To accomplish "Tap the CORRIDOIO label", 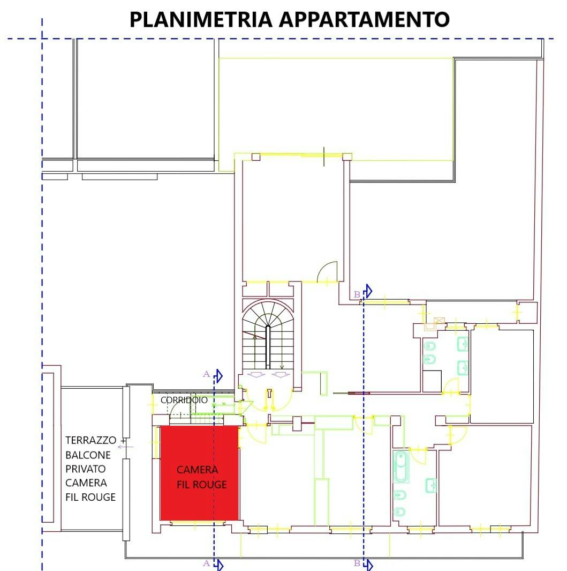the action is click(x=184, y=400).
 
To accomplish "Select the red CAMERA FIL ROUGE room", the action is click(x=199, y=473).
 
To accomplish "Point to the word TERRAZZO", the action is click(x=90, y=440).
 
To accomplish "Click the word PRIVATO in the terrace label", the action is click(x=86, y=469).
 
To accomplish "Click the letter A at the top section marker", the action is click(x=206, y=374).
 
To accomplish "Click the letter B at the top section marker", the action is click(x=357, y=294).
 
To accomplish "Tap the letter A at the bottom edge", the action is click(x=206, y=563).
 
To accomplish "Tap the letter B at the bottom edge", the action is click(x=357, y=563).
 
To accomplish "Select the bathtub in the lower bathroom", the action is click(x=401, y=467).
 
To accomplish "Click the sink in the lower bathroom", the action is click(x=431, y=485).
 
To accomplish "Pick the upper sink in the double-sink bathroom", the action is click(x=463, y=344).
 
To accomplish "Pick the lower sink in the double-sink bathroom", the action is click(x=463, y=368).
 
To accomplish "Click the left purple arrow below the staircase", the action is click(x=256, y=375).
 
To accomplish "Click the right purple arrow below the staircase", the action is click(x=281, y=375).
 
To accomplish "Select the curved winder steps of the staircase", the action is click(x=268, y=313).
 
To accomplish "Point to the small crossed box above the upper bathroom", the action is click(x=440, y=321).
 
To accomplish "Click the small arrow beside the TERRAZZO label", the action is click(x=125, y=447).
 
